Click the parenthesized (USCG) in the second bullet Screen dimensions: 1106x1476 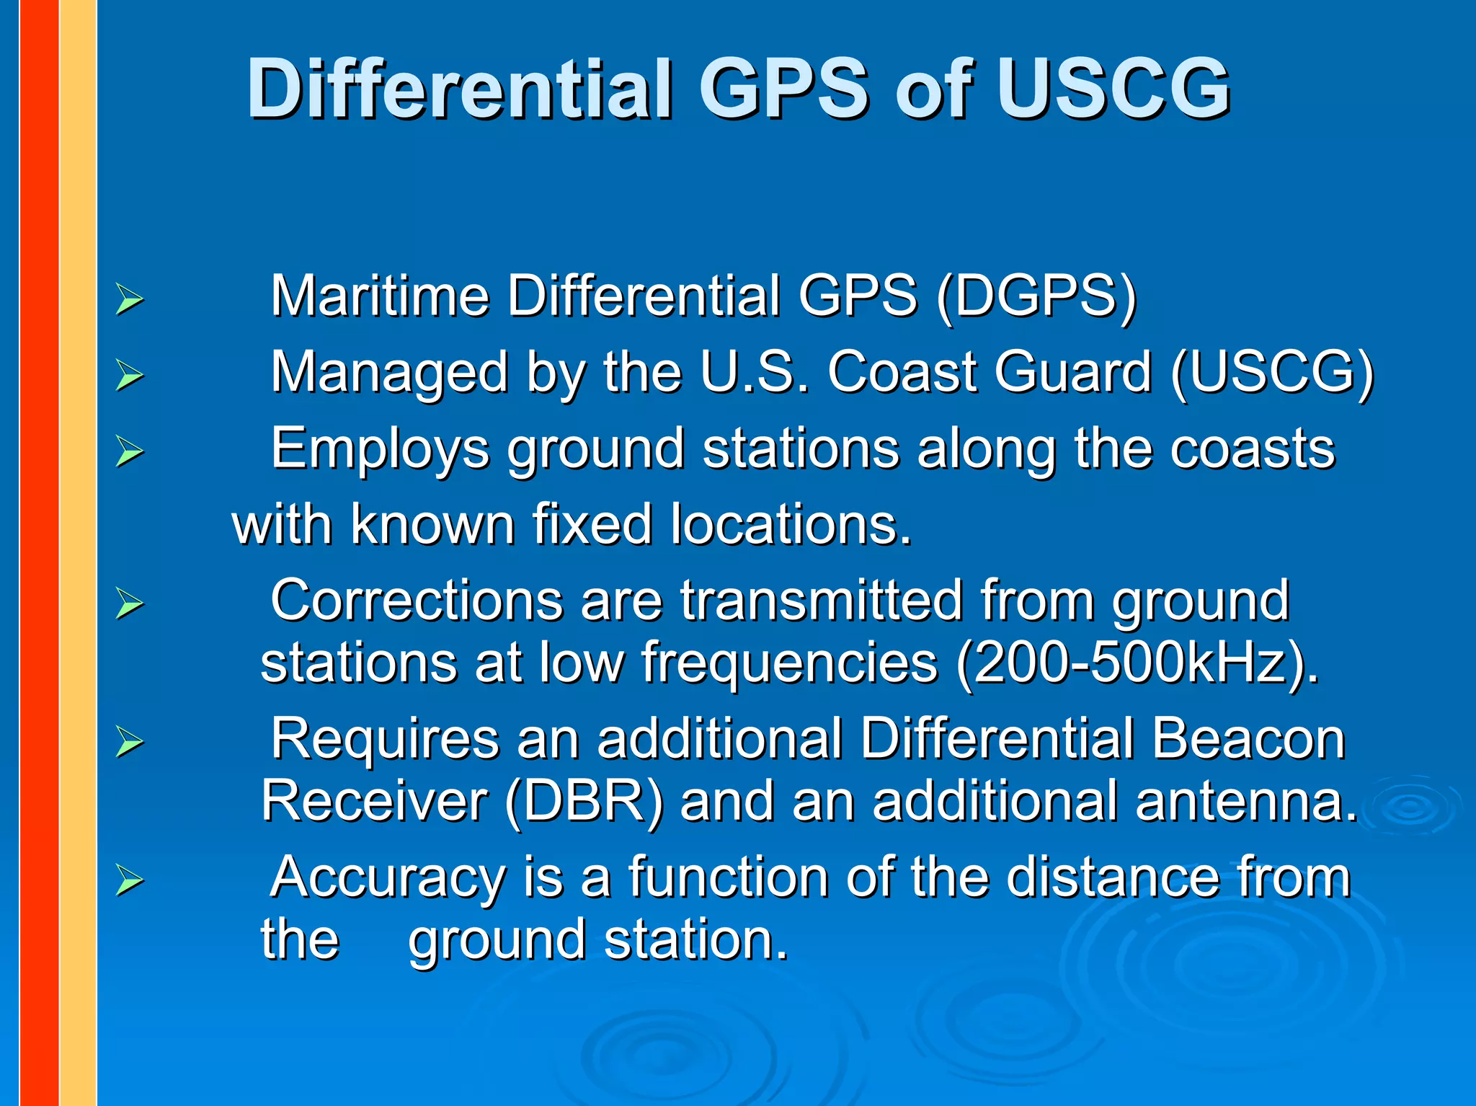point(1272,373)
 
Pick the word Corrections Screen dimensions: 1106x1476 point(416,601)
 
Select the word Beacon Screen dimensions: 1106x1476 point(1248,739)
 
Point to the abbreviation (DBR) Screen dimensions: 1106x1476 point(584,801)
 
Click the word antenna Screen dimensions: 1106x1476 point(1246,801)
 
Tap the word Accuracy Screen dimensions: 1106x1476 point(388,877)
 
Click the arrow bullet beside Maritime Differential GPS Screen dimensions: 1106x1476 point(130,300)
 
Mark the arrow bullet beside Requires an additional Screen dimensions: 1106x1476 point(130,743)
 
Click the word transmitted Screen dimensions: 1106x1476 point(821,601)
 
